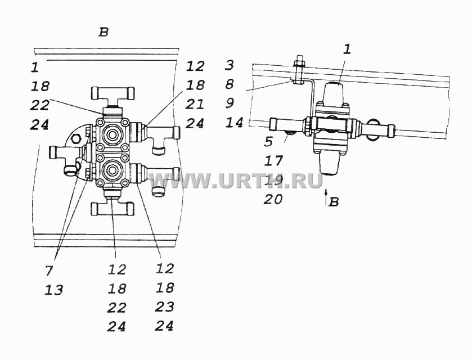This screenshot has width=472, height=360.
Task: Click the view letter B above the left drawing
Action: (104, 32)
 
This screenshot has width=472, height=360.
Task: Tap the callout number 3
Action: (230, 65)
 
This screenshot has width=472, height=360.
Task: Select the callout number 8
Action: (230, 84)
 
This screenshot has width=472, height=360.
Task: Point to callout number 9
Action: (230, 103)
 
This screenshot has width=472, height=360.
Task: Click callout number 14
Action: (234, 123)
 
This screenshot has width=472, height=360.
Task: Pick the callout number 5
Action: (268, 142)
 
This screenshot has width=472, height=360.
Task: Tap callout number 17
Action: (273, 161)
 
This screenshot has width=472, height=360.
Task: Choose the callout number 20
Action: (273, 199)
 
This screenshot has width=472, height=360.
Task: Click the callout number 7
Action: (49, 271)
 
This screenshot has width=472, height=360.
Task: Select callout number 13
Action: (54, 290)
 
